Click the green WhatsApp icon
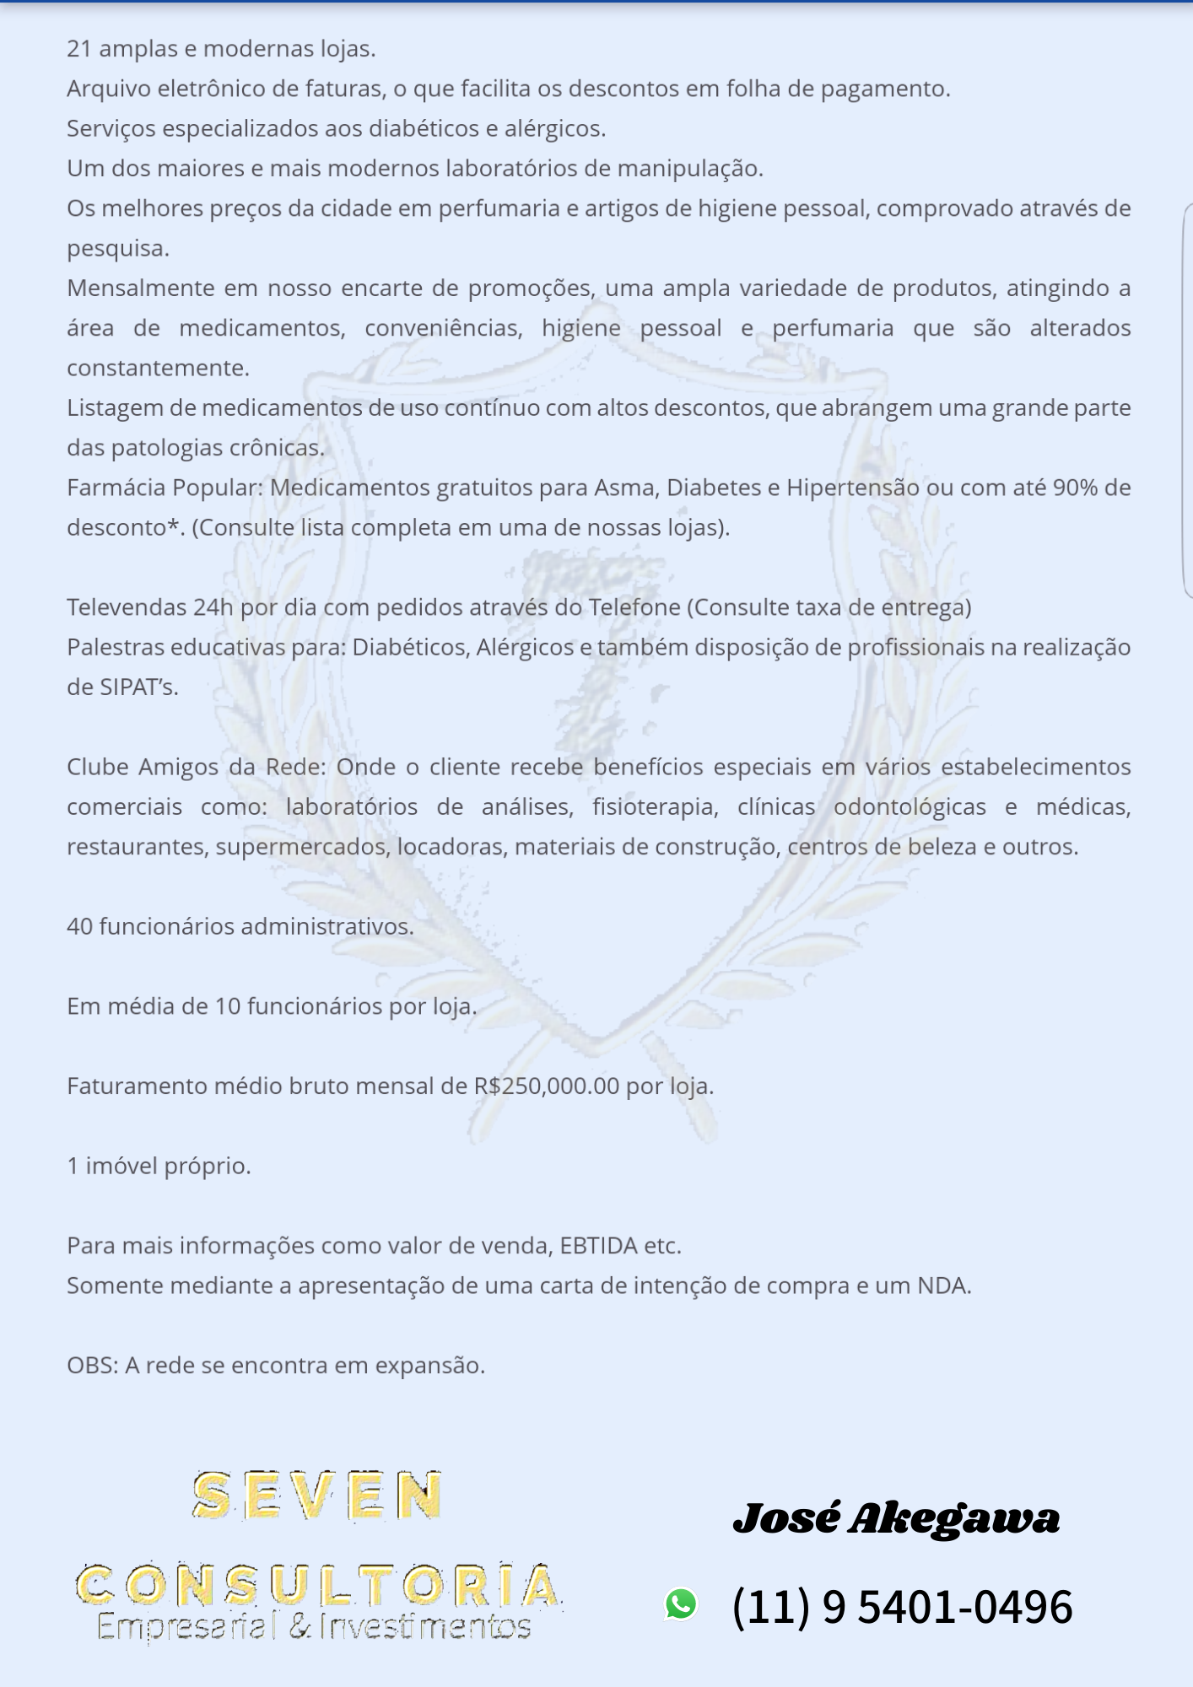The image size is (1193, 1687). coord(681,1603)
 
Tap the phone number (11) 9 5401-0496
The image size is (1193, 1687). coord(902,1606)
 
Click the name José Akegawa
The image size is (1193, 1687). coord(896,1518)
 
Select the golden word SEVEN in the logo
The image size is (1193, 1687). coord(317,1496)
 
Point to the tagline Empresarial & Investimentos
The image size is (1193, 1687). coord(314,1625)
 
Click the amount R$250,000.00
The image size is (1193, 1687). coord(547,1086)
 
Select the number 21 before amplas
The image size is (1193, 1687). coord(78,49)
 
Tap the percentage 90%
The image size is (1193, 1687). coord(1075,488)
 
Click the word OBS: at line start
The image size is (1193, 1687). coord(92,1366)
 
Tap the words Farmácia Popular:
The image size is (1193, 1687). coord(165,488)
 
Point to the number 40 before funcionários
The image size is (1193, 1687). coord(79,926)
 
